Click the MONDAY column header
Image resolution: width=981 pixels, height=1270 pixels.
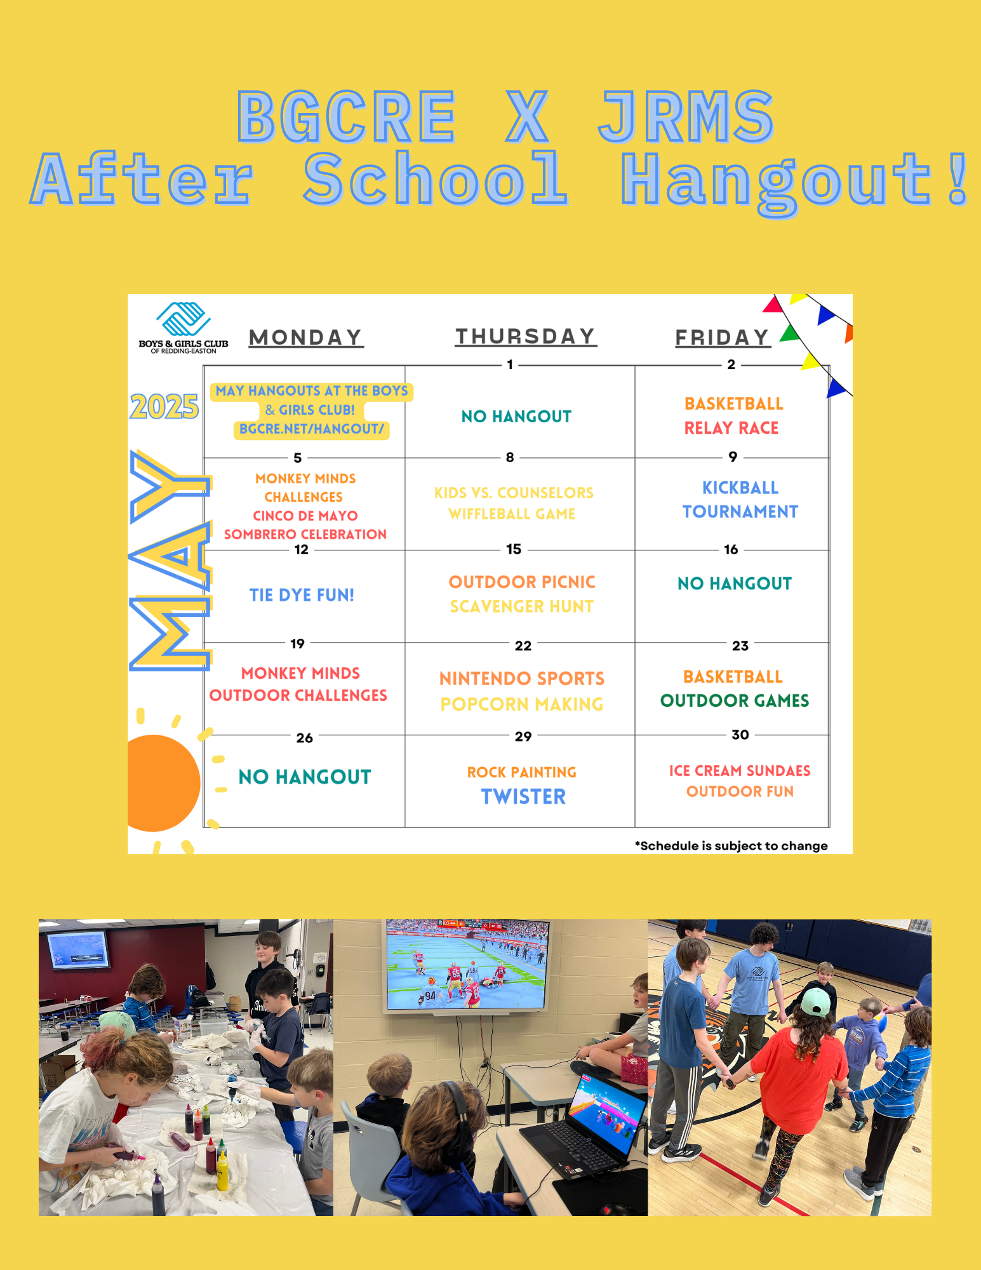coord(306,337)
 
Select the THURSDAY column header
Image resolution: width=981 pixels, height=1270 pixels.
coord(526,337)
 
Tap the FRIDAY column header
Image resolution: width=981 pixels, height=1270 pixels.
coord(723,337)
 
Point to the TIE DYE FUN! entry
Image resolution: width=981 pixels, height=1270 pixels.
coord(302,595)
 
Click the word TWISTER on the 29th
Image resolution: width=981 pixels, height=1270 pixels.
coord(523,796)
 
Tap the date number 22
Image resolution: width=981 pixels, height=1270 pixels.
coord(523,646)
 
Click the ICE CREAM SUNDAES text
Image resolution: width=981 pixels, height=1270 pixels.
coord(740,770)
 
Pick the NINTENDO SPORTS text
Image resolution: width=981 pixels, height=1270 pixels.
coord(522,678)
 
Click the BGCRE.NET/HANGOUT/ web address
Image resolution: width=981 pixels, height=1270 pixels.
coord(312,429)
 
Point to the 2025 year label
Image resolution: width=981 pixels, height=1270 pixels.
coord(164,406)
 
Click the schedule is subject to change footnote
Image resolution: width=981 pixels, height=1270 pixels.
coord(731,846)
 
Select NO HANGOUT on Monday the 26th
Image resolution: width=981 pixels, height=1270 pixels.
coord(305,777)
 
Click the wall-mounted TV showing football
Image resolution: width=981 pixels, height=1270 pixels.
coord(468,965)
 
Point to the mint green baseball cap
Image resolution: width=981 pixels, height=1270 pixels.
coord(815,1002)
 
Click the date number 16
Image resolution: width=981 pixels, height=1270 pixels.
coord(731,549)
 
